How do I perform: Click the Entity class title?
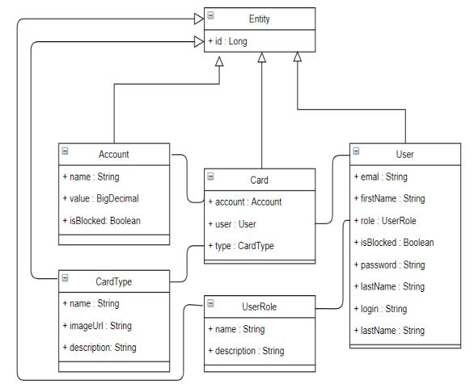259,19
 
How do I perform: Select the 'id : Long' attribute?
227,41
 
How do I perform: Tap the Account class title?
114,154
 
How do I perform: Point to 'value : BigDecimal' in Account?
100,199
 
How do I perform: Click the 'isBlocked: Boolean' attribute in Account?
102,221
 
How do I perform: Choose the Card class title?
259,180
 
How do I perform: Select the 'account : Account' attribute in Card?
245,202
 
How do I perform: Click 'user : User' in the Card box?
232,224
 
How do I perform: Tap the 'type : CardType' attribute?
241,246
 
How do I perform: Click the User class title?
404,154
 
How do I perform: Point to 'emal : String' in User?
381,177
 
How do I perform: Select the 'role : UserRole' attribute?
385,221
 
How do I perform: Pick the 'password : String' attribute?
389,264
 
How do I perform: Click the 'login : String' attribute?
380,309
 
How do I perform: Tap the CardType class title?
114,281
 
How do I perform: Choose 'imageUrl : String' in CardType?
97,326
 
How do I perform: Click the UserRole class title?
259,307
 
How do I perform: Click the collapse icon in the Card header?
210,176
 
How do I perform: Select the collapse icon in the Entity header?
210,15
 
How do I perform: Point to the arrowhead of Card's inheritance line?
262,57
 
